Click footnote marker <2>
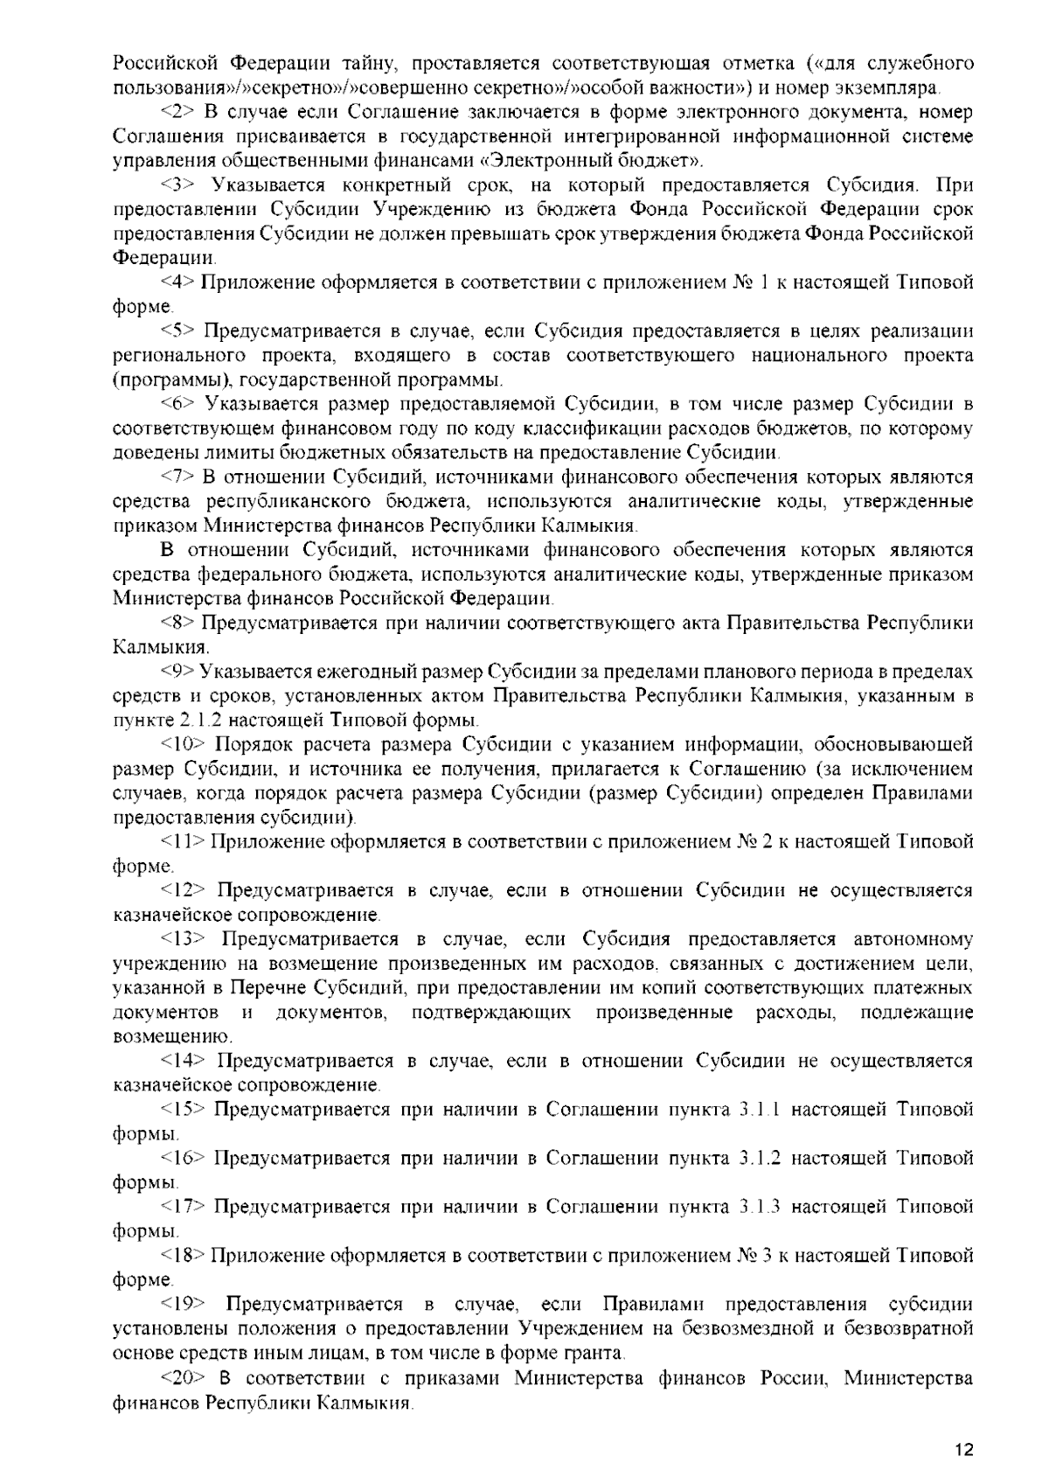point(178,113)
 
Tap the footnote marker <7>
point(178,477)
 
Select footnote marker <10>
point(183,745)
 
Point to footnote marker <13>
point(183,939)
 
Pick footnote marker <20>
point(183,1378)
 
